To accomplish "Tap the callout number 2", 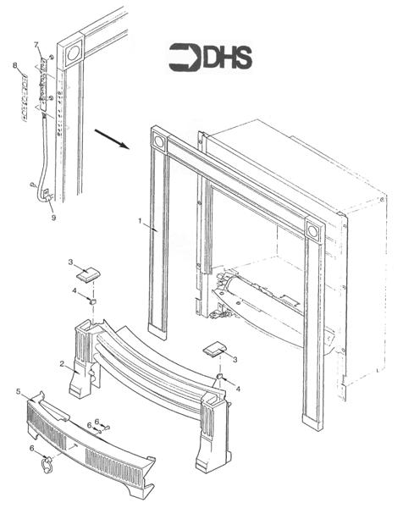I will click(x=62, y=363).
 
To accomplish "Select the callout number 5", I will click(x=18, y=392).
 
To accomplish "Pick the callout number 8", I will click(x=15, y=65).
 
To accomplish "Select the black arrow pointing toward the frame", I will click(x=111, y=137).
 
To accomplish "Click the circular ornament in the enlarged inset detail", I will click(x=71, y=51).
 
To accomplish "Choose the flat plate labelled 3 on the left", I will click(x=86, y=273).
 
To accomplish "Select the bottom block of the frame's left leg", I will click(x=157, y=328).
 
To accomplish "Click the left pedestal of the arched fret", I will click(x=85, y=360).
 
